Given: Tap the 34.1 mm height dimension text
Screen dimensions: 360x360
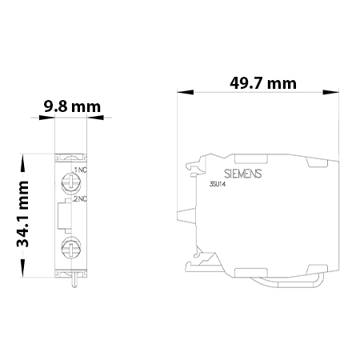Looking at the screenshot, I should click(x=23, y=214).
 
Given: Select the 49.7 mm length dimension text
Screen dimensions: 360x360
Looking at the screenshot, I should click(x=263, y=83).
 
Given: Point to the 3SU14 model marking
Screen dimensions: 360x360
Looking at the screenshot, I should click(x=218, y=185).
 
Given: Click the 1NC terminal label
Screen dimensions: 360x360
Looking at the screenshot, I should click(x=80, y=170).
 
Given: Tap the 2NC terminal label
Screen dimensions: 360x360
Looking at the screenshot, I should click(x=80, y=198).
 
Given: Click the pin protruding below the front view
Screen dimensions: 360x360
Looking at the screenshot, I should click(x=74, y=279).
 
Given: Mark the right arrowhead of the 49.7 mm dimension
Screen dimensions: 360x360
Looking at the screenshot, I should click(x=335, y=94).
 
